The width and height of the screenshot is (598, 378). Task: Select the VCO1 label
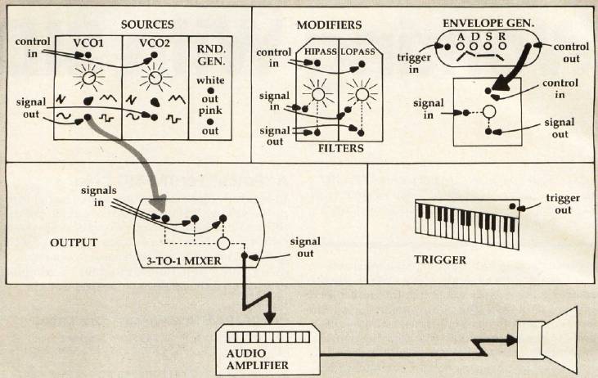[x=88, y=43]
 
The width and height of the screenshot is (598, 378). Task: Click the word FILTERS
[x=337, y=150]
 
